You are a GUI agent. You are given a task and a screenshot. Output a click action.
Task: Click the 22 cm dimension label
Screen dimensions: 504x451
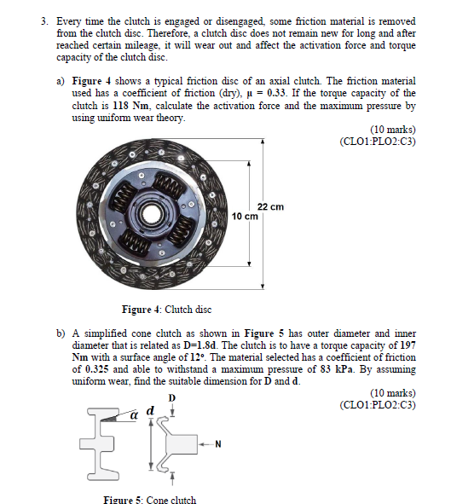tap(269, 207)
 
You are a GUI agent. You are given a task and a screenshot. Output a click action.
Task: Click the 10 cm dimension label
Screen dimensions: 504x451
tap(245, 217)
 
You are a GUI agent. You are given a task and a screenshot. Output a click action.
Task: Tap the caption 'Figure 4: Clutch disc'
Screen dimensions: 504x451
tap(167, 309)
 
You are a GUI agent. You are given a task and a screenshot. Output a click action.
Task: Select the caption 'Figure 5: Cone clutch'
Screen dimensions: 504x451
tap(149, 499)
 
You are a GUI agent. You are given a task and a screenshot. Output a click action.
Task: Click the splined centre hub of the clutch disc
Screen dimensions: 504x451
tap(154, 209)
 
